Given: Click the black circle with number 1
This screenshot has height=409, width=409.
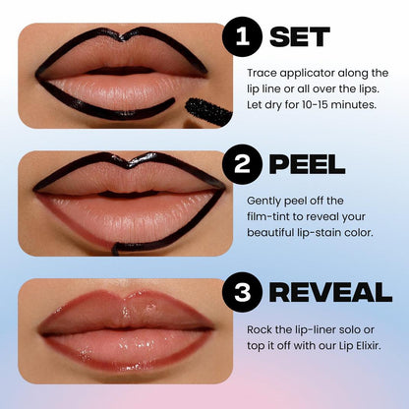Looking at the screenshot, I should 242,37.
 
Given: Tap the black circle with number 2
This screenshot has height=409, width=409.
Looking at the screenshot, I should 242,160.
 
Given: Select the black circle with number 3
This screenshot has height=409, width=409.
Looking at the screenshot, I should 242,290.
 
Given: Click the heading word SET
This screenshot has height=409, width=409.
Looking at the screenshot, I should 299,37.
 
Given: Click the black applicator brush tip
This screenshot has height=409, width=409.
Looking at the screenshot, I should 208,110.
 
